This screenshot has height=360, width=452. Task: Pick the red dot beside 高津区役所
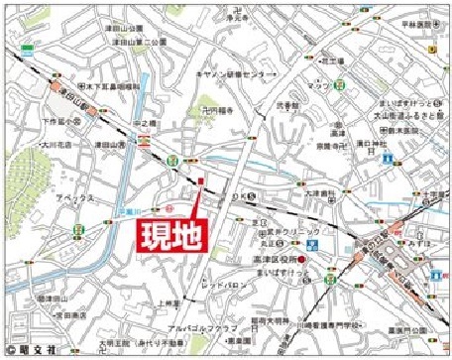pos(302,261)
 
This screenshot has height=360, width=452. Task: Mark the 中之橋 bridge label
pos(143,124)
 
